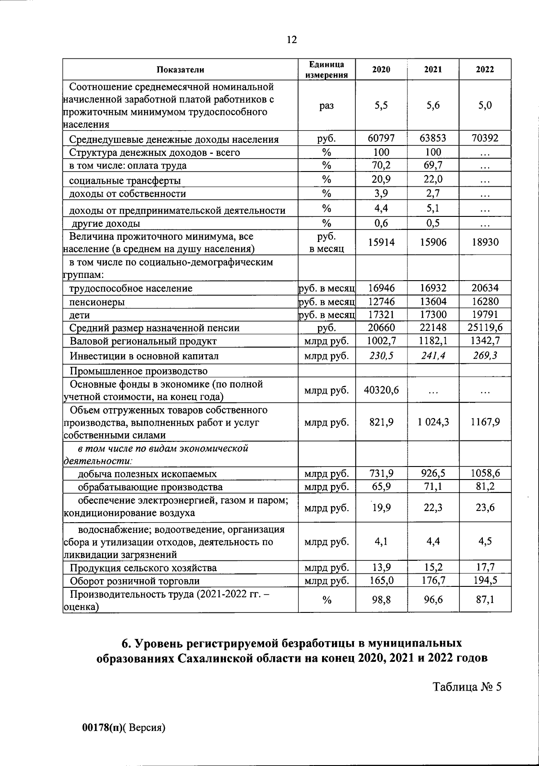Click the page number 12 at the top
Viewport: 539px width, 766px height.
(x=292, y=40)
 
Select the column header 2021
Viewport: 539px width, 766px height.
(x=433, y=69)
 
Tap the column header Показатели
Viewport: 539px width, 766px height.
(x=180, y=69)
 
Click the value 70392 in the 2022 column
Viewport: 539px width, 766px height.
(x=485, y=138)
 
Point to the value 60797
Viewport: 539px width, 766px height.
(x=381, y=138)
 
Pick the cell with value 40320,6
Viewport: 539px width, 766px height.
(x=381, y=390)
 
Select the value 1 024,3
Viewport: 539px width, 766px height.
(x=433, y=422)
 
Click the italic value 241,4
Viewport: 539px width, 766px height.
(x=433, y=356)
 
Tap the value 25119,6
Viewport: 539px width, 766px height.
(x=485, y=328)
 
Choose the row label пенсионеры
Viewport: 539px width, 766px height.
(x=97, y=302)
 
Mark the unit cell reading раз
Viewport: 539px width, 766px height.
(x=327, y=106)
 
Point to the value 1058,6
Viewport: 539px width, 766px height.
(x=485, y=473)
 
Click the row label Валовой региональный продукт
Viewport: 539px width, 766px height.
(x=143, y=341)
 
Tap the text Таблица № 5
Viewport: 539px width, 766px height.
(x=466, y=687)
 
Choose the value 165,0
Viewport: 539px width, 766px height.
(x=381, y=580)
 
